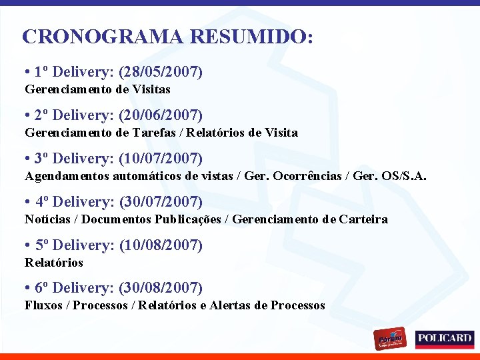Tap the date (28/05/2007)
161,72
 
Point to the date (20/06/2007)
161,115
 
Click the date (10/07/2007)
161,159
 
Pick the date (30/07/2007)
161,202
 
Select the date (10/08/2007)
161,245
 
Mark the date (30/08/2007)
161,288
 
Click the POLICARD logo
445,339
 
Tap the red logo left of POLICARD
390,339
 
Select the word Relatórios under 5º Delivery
54,263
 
